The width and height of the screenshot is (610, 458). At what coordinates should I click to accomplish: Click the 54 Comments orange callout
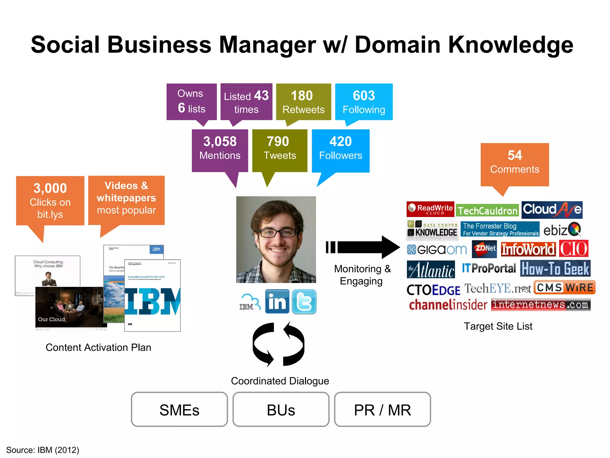tap(514, 164)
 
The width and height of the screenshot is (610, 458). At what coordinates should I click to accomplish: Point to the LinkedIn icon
tap(277, 301)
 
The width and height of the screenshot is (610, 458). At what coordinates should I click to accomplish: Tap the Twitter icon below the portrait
tap(304, 301)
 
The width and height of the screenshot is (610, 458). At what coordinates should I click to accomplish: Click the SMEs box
tap(179, 409)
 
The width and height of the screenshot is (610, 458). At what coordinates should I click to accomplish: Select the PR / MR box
tap(382, 409)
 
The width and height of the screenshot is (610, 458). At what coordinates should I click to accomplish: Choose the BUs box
tap(281, 409)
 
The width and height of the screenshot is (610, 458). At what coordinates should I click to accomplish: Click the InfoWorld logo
tap(528, 249)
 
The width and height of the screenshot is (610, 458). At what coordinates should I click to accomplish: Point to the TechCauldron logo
tap(487, 211)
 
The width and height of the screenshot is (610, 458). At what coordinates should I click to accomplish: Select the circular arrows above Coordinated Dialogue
tap(278, 344)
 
